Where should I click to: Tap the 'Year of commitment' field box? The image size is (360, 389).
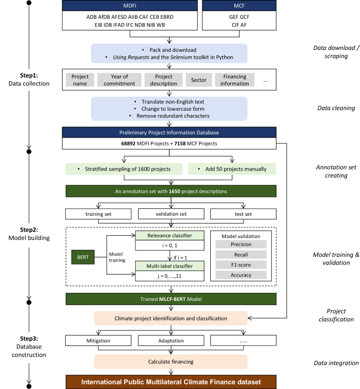[112, 80]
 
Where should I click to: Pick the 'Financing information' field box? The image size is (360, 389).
[234, 80]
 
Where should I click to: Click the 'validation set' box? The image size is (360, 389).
[170, 214]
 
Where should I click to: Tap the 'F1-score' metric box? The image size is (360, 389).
[241, 265]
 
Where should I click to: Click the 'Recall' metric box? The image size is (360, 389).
[241, 255]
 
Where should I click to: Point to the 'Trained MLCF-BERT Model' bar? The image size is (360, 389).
[170, 299]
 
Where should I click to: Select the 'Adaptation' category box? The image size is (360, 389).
[170, 340]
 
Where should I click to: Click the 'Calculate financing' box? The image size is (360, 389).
[170, 362]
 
